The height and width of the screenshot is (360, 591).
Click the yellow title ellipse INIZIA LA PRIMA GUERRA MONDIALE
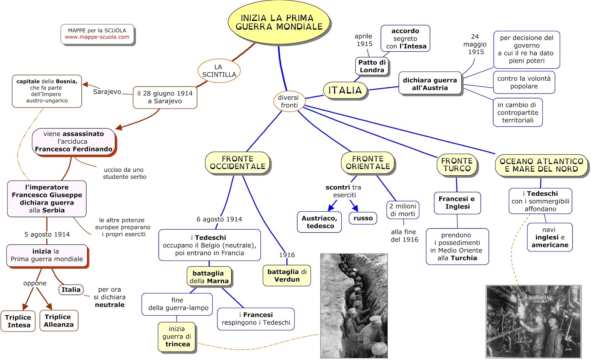tap(279, 23)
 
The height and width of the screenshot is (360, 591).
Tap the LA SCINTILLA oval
tap(219, 71)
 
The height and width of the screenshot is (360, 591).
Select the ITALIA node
tap(345, 90)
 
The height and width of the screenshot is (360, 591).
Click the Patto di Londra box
tap(372, 66)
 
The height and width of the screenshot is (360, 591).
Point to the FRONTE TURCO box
tap(457, 165)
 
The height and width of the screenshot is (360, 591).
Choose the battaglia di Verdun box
tap(287, 276)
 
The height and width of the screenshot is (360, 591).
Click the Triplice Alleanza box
tap(58, 321)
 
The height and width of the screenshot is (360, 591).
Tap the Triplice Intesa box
tap(18, 321)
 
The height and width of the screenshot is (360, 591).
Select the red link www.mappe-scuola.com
tap(97, 37)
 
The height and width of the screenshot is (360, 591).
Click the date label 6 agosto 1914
tap(219, 219)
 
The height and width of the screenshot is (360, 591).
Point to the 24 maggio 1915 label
tap(475, 44)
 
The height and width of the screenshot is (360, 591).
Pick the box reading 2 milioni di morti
tap(403, 210)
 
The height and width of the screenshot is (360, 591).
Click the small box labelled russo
tap(363, 218)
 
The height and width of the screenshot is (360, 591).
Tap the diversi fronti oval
tap(288, 101)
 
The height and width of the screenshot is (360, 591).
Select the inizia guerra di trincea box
tap(177, 337)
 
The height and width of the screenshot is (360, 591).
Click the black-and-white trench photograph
tap(353, 306)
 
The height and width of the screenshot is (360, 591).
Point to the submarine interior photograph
tap(533, 321)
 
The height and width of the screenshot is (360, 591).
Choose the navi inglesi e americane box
tap(550, 237)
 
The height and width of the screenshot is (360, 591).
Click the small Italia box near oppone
tap(71, 290)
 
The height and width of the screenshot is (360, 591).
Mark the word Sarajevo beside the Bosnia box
tap(107, 92)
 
